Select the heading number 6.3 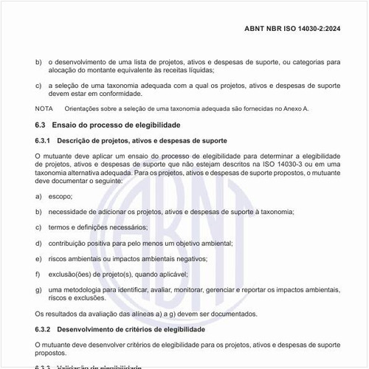coord(41,126)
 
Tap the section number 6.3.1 coord(44,140)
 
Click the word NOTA coord(44,108)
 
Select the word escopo coord(61,197)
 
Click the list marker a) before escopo coord(38,197)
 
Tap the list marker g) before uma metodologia coord(38,291)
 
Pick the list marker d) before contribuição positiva coord(38,244)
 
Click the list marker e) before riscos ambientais coord(38,259)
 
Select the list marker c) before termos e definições coord(38,228)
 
